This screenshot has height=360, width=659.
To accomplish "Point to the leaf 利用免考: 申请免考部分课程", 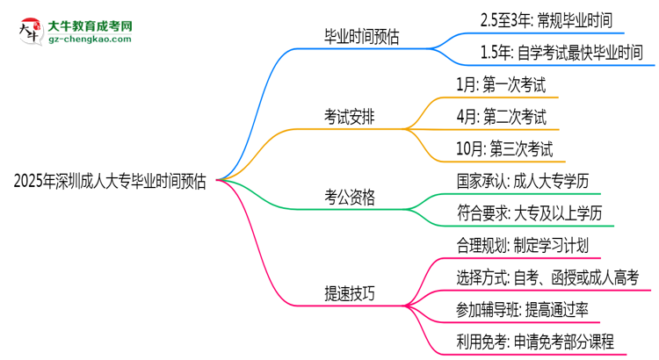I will coord(533,342).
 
